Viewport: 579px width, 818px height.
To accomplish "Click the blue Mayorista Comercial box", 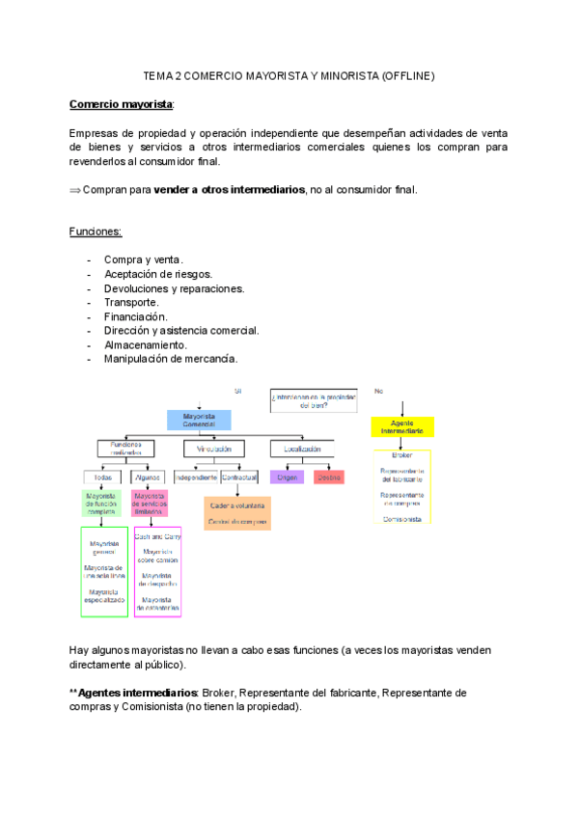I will point(199,421).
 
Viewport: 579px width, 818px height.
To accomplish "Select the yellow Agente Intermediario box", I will point(402,427).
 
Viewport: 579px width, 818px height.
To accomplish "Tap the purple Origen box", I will point(287,477).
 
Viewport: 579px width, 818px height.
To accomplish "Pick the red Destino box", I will point(328,477).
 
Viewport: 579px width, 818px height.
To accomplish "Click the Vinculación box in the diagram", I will point(213,449).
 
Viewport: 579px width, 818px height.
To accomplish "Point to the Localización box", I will point(302,449).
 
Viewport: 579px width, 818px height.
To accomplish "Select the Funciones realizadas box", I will point(126,449).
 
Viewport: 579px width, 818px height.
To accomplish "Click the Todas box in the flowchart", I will point(101,477).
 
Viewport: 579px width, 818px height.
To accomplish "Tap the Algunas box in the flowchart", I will point(148,477).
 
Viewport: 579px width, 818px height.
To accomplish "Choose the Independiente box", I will point(195,477).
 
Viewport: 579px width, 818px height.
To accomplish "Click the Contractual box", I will point(238,477).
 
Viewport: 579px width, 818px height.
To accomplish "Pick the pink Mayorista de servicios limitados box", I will point(149,504).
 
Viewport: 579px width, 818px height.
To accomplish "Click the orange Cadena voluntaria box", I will point(237,504).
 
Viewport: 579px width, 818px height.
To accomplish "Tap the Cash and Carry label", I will point(157,535).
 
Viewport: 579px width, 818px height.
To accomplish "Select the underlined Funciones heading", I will point(96,232).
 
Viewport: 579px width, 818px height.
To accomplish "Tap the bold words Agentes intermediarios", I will point(137,693).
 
